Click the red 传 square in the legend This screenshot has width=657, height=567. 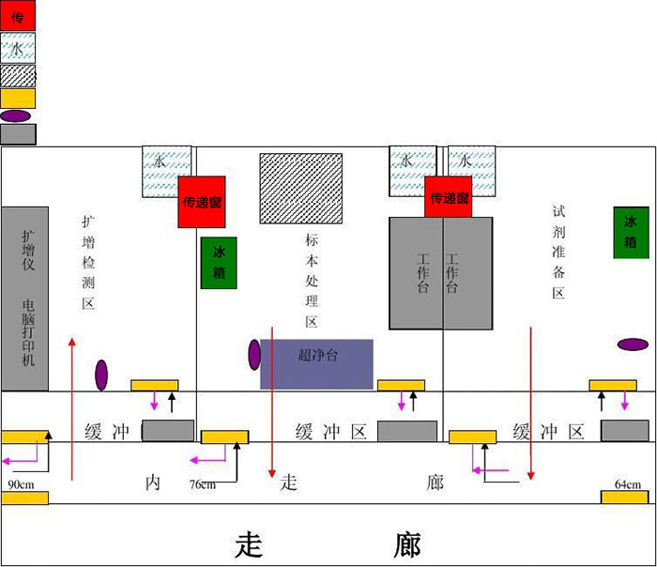18,15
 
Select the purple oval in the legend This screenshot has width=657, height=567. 16,115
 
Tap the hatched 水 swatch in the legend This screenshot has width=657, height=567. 18,47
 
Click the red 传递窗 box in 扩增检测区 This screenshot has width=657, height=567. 201,201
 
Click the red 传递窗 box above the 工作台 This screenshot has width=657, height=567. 448,197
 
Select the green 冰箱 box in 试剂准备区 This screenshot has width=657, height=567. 631,233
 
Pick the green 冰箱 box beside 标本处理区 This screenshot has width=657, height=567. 219,263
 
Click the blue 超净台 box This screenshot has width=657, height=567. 316,363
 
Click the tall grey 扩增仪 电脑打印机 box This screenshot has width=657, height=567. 25,298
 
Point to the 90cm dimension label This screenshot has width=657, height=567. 21,484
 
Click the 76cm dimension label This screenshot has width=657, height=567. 202,484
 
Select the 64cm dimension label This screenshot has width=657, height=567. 627,484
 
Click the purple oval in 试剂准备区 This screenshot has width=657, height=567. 633,344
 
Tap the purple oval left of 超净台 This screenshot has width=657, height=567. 254,354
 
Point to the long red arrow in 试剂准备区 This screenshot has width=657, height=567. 531,404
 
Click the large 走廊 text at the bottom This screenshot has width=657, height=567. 328,544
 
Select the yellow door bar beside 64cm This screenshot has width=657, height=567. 625,497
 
